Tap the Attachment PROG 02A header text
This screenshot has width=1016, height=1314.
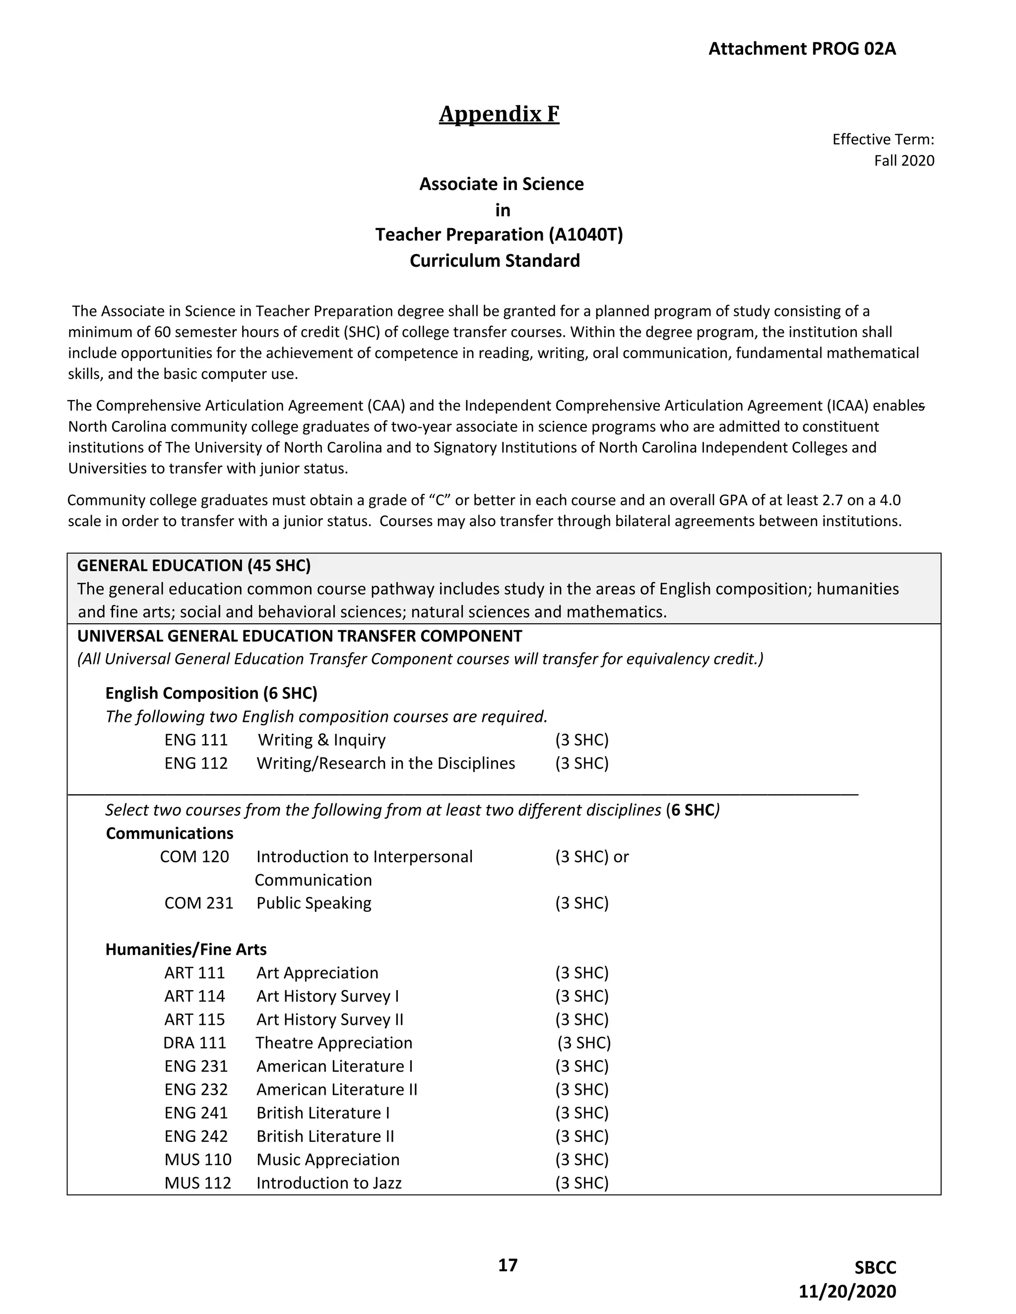pos(802,49)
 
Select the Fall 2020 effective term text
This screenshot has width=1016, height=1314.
pos(903,161)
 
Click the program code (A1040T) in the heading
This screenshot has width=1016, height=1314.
pos(586,235)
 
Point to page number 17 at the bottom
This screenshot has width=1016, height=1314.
pos(508,1265)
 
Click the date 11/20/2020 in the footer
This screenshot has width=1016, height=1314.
pos(847,1291)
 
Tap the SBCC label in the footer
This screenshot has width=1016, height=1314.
pos(875,1268)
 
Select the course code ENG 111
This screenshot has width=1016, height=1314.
pos(196,740)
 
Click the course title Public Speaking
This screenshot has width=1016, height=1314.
pos(314,903)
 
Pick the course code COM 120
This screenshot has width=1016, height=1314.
pos(194,857)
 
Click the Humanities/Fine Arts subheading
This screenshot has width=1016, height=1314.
pos(186,950)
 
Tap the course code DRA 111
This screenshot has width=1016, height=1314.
pos(194,1043)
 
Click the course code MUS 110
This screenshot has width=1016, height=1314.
pos(197,1159)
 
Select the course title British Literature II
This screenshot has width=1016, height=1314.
pos(325,1136)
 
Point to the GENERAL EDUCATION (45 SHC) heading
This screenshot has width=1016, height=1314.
pos(194,566)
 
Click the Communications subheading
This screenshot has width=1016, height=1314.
pos(170,834)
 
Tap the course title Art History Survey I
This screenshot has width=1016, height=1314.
pos(327,996)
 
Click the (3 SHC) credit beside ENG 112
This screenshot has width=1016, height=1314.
pos(581,764)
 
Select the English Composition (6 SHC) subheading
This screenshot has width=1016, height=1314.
pos(211,693)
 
